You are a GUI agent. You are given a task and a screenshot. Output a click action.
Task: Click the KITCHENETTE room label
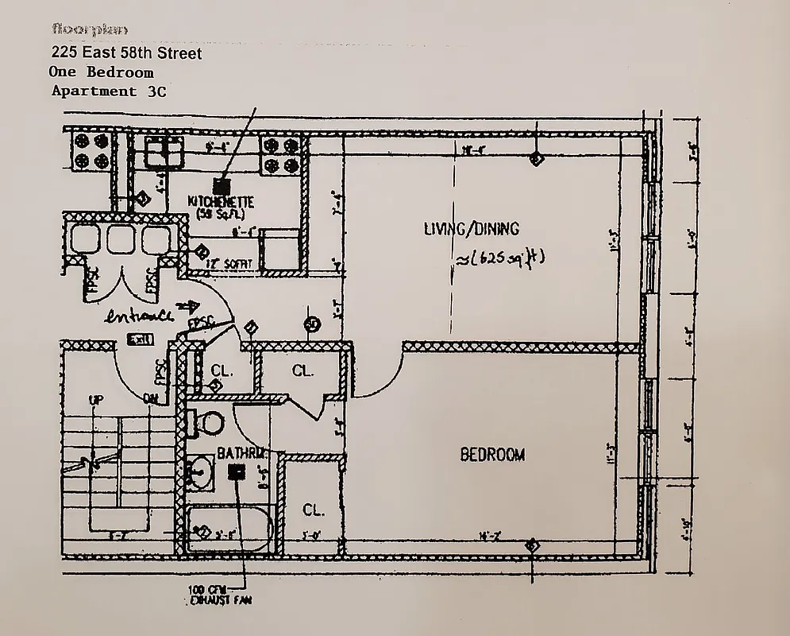(x=220, y=204)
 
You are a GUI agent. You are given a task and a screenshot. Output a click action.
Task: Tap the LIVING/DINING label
(x=471, y=229)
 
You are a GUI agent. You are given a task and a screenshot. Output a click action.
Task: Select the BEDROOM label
(x=492, y=455)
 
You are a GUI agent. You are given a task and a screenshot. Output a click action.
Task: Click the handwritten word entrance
(x=141, y=314)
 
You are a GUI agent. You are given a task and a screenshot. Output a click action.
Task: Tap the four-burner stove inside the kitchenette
(x=283, y=156)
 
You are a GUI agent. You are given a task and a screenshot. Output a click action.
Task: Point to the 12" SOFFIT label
(x=229, y=263)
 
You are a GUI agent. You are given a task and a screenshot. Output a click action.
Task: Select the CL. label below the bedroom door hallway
(x=312, y=509)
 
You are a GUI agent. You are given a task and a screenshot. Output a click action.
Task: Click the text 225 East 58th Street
(x=126, y=53)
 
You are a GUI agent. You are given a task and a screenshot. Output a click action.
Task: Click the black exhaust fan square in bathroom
(x=236, y=473)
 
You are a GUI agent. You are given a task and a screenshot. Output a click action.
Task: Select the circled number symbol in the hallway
(x=312, y=324)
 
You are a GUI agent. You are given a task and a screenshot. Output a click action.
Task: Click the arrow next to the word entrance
(x=189, y=304)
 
